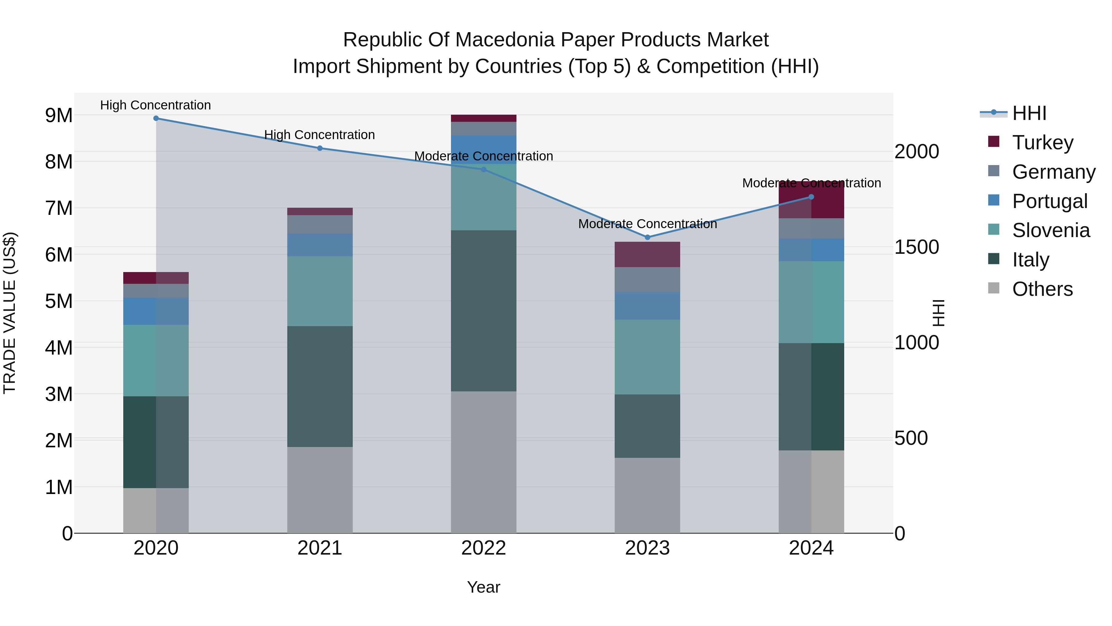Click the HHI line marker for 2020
(x=156, y=118)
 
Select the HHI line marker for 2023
(x=647, y=237)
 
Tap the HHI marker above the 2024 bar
(x=811, y=197)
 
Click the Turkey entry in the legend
(x=1042, y=143)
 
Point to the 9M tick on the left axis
(x=59, y=115)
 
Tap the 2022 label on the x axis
(x=483, y=548)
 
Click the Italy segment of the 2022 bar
(x=483, y=311)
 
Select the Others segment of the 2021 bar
(x=320, y=490)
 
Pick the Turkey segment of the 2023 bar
(x=647, y=254)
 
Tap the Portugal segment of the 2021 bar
(x=320, y=245)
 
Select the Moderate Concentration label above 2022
(x=483, y=156)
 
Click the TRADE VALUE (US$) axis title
(x=10, y=313)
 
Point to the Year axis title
(x=483, y=587)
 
